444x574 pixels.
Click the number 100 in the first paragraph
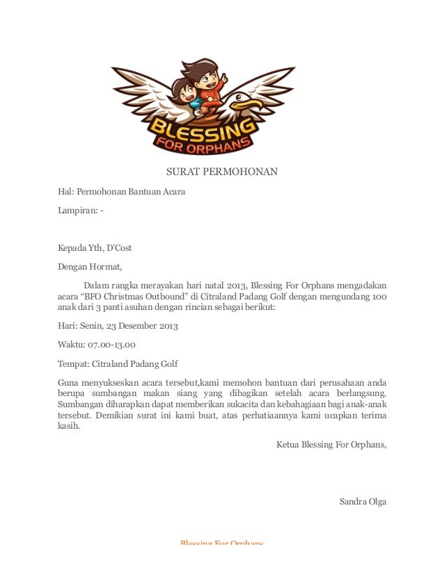click(x=378, y=296)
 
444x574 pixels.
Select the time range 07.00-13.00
click(x=111, y=344)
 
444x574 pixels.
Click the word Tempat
click(x=72, y=363)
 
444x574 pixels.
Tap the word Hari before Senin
click(x=66, y=325)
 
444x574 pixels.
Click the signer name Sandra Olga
click(x=362, y=502)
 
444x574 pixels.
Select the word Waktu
click(x=71, y=344)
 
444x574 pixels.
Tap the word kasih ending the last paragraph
click(x=68, y=426)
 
